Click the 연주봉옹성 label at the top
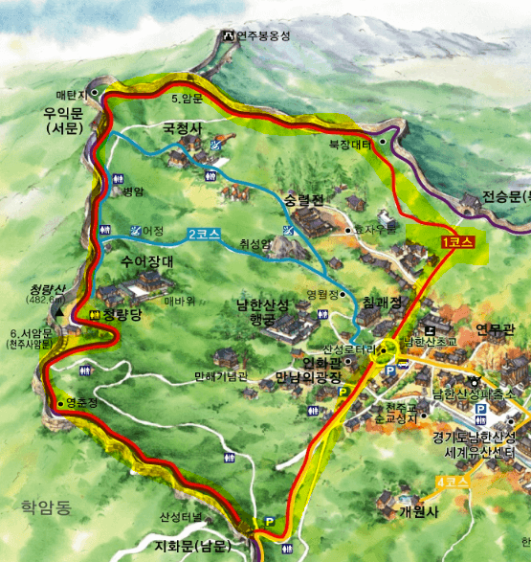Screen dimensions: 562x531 click(263, 36)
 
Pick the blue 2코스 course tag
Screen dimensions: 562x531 click(204, 233)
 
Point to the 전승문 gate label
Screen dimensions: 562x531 click(504, 196)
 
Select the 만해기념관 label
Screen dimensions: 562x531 click(220, 376)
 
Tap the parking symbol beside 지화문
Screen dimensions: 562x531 click(270, 522)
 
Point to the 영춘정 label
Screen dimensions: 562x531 click(82, 403)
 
